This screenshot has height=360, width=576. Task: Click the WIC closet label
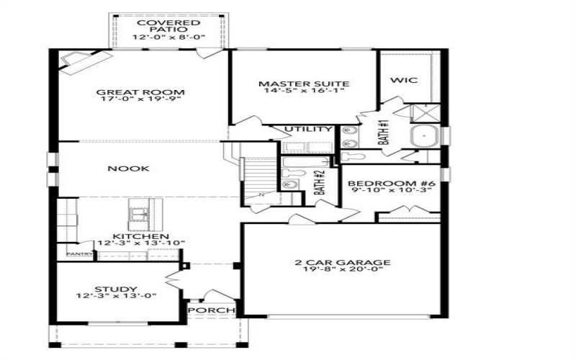coord(399,80)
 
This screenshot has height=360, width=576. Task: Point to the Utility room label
coord(308,130)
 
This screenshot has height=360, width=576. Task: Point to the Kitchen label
coord(141,236)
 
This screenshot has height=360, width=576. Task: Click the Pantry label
coord(76,254)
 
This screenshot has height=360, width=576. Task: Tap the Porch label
coord(212,311)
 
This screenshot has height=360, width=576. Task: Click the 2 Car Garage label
coord(342,262)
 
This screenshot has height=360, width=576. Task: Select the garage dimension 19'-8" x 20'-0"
coord(342,270)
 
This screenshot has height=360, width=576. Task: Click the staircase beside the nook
coord(257,177)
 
